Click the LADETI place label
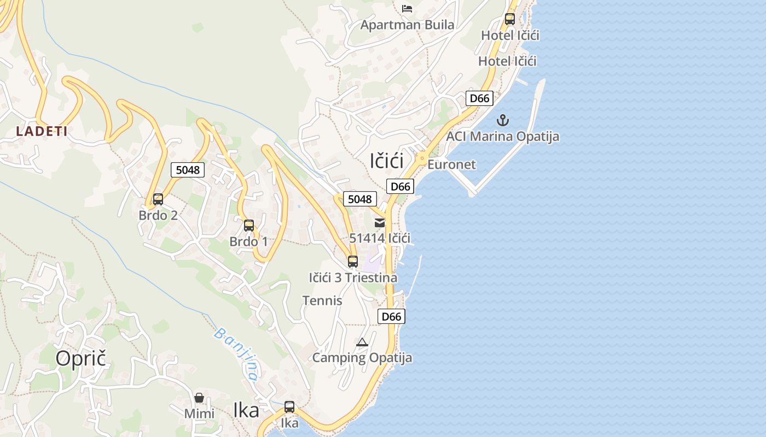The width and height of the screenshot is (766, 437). [x=42, y=131]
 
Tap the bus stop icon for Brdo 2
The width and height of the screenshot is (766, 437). [x=158, y=199]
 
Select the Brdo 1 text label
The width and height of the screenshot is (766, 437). [x=248, y=241]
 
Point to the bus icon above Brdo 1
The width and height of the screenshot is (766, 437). [x=249, y=225]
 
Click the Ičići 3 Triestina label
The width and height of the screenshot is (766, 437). [x=353, y=277]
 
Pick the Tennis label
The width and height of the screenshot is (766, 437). [x=322, y=300]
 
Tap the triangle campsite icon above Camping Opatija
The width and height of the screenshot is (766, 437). [x=362, y=342]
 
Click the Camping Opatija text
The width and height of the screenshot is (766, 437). [x=362, y=358]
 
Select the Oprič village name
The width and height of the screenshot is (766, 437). [x=80, y=358]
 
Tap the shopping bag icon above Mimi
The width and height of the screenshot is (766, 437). [x=199, y=398]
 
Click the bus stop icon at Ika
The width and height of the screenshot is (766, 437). [x=289, y=407]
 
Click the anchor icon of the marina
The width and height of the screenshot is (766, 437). [x=502, y=120]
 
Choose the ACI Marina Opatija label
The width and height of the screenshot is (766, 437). [x=502, y=137]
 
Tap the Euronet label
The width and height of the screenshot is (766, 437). [x=451, y=164]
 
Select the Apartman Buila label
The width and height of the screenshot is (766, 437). [x=407, y=25]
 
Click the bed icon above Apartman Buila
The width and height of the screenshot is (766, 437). [x=407, y=8]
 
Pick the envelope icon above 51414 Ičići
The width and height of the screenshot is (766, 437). [x=380, y=223]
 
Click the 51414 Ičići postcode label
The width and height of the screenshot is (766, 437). [x=380, y=238]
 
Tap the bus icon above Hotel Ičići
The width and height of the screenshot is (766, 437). [x=510, y=19]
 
